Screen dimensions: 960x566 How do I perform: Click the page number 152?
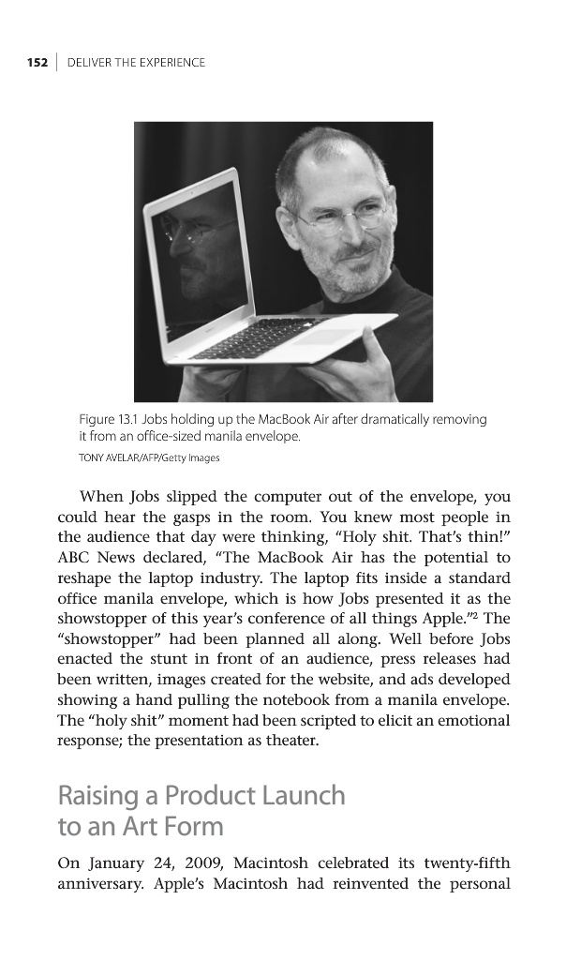point(36,63)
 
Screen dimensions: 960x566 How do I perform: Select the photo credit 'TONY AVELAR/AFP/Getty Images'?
point(150,457)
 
